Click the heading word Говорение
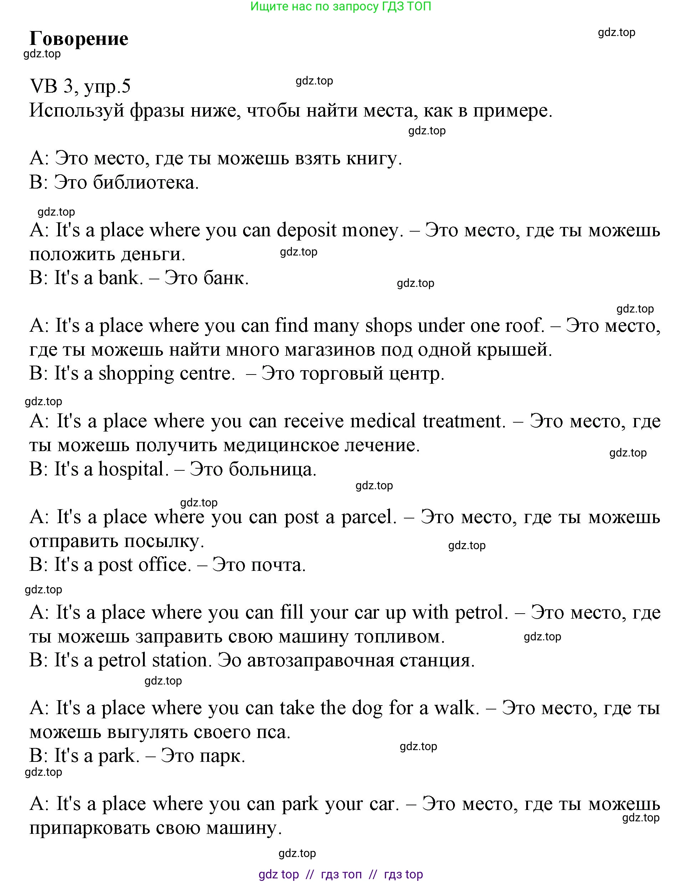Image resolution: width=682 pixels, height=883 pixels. tap(79, 39)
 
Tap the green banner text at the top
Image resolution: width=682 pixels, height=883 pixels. tap(340, 6)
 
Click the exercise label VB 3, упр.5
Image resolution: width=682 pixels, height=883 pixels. tap(80, 86)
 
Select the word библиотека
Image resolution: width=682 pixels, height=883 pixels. tap(145, 183)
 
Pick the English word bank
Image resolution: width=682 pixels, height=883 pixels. tap(120, 278)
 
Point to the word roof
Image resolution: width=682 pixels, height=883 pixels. tap(524, 326)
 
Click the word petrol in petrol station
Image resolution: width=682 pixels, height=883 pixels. tap(122, 661)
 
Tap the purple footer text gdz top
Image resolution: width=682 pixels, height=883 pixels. tap(279, 874)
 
